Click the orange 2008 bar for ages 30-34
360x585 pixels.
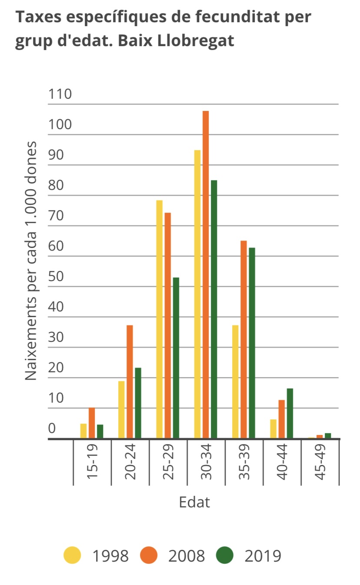(206, 274)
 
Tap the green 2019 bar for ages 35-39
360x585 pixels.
(252, 343)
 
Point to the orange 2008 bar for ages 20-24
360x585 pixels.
(130, 381)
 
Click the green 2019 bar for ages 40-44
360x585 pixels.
(290, 413)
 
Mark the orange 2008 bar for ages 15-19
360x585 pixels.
(92, 423)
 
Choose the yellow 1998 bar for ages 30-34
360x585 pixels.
(197, 294)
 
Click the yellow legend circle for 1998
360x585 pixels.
(72, 555)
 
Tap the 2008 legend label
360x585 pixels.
(186, 556)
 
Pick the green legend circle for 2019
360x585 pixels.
(224, 555)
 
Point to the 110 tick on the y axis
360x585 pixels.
(60, 94)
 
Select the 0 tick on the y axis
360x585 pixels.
(52, 428)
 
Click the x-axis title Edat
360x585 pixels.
(194, 502)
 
